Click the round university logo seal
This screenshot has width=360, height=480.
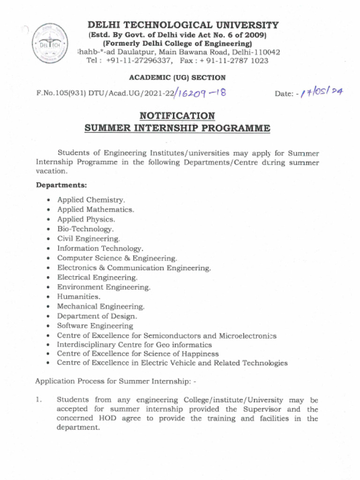coord(50,43)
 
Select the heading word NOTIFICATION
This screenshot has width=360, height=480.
coord(177,116)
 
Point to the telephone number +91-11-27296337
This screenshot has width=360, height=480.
coord(139,61)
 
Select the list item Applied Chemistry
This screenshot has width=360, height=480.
coord(91,200)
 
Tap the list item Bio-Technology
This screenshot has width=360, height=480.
coord(85,229)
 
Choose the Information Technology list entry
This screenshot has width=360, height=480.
coord(100,248)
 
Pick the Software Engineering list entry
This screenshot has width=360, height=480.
coord(95,326)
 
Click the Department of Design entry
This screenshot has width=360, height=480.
coord(97,316)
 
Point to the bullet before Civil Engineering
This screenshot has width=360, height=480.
coord(48,239)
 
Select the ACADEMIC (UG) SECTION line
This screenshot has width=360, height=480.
coord(177,78)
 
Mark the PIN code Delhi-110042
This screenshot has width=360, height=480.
coord(257,52)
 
